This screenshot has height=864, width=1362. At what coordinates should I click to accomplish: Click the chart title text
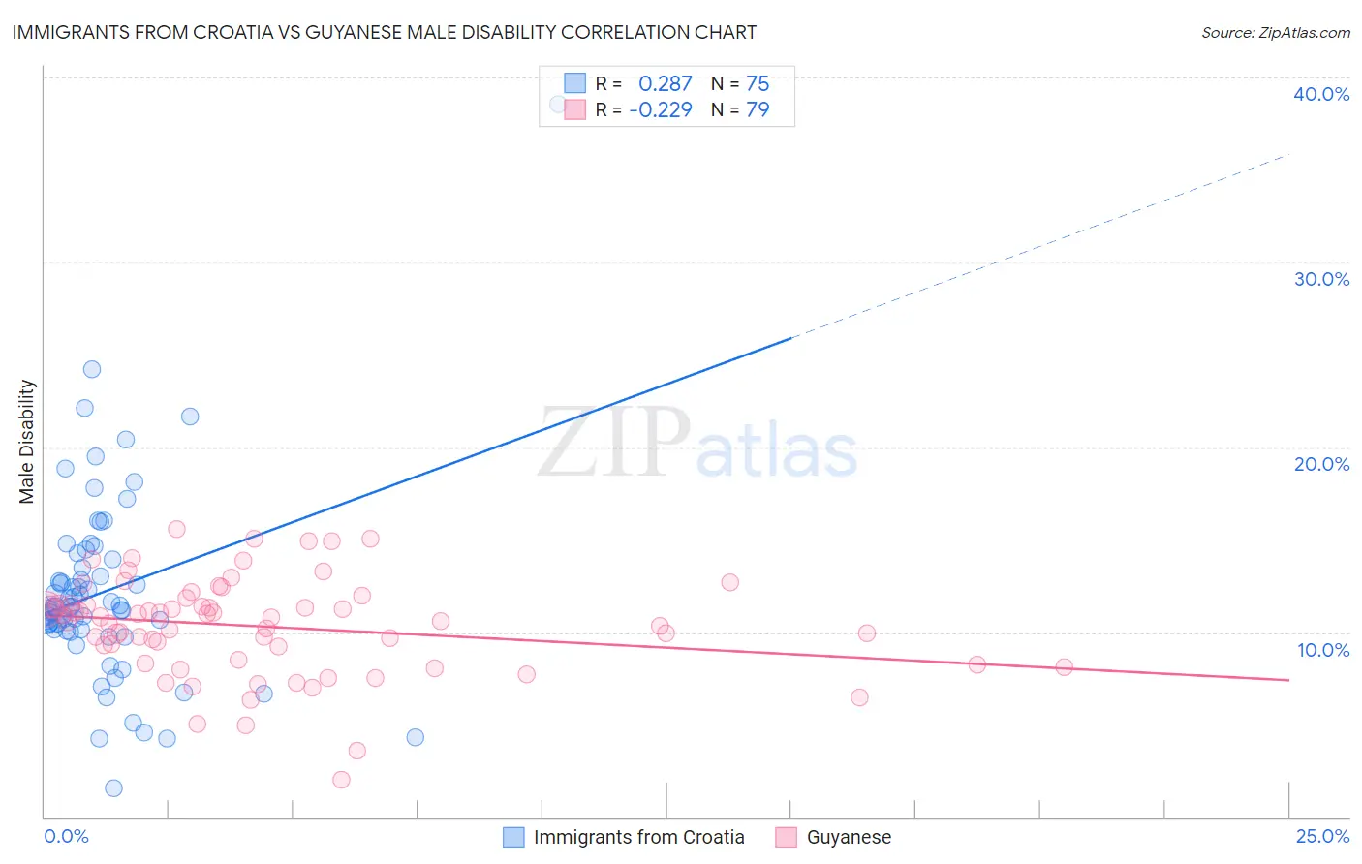[x=384, y=32]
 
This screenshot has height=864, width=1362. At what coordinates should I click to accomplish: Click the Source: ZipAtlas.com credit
[x=1275, y=33]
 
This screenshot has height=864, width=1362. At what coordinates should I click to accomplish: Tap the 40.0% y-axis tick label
[x=1321, y=94]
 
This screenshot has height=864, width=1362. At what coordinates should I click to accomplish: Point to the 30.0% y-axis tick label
[x=1321, y=279]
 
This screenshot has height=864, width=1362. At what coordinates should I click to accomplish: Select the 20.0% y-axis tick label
[x=1321, y=464]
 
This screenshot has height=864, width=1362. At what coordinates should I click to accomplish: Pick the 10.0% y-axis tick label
[x=1323, y=650]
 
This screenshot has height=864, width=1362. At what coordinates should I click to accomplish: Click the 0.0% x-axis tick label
[x=66, y=836]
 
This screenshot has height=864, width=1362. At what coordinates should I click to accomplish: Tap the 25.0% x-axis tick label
[x=1322, y=836]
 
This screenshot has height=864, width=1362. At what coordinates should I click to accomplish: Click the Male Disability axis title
[x=27, y=442]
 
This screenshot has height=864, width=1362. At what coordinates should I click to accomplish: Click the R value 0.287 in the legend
[x=665, y=83]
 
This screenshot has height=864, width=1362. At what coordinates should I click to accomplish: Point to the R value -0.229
[x=661, y=109]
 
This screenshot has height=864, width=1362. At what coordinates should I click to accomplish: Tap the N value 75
[x=758, y=83]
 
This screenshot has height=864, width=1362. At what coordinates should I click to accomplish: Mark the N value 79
[x=758, y=109]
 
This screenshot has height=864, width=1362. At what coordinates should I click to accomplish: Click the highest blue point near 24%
[x=92, y=369]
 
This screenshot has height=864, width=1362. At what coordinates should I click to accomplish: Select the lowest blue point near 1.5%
[x=113, y=788]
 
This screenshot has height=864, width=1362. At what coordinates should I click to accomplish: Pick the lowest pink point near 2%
[x=341, y=780]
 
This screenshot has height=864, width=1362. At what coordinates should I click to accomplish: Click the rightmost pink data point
[x=1064, y=666]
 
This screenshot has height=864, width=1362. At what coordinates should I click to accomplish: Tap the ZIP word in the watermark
[x=615, y=444]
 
